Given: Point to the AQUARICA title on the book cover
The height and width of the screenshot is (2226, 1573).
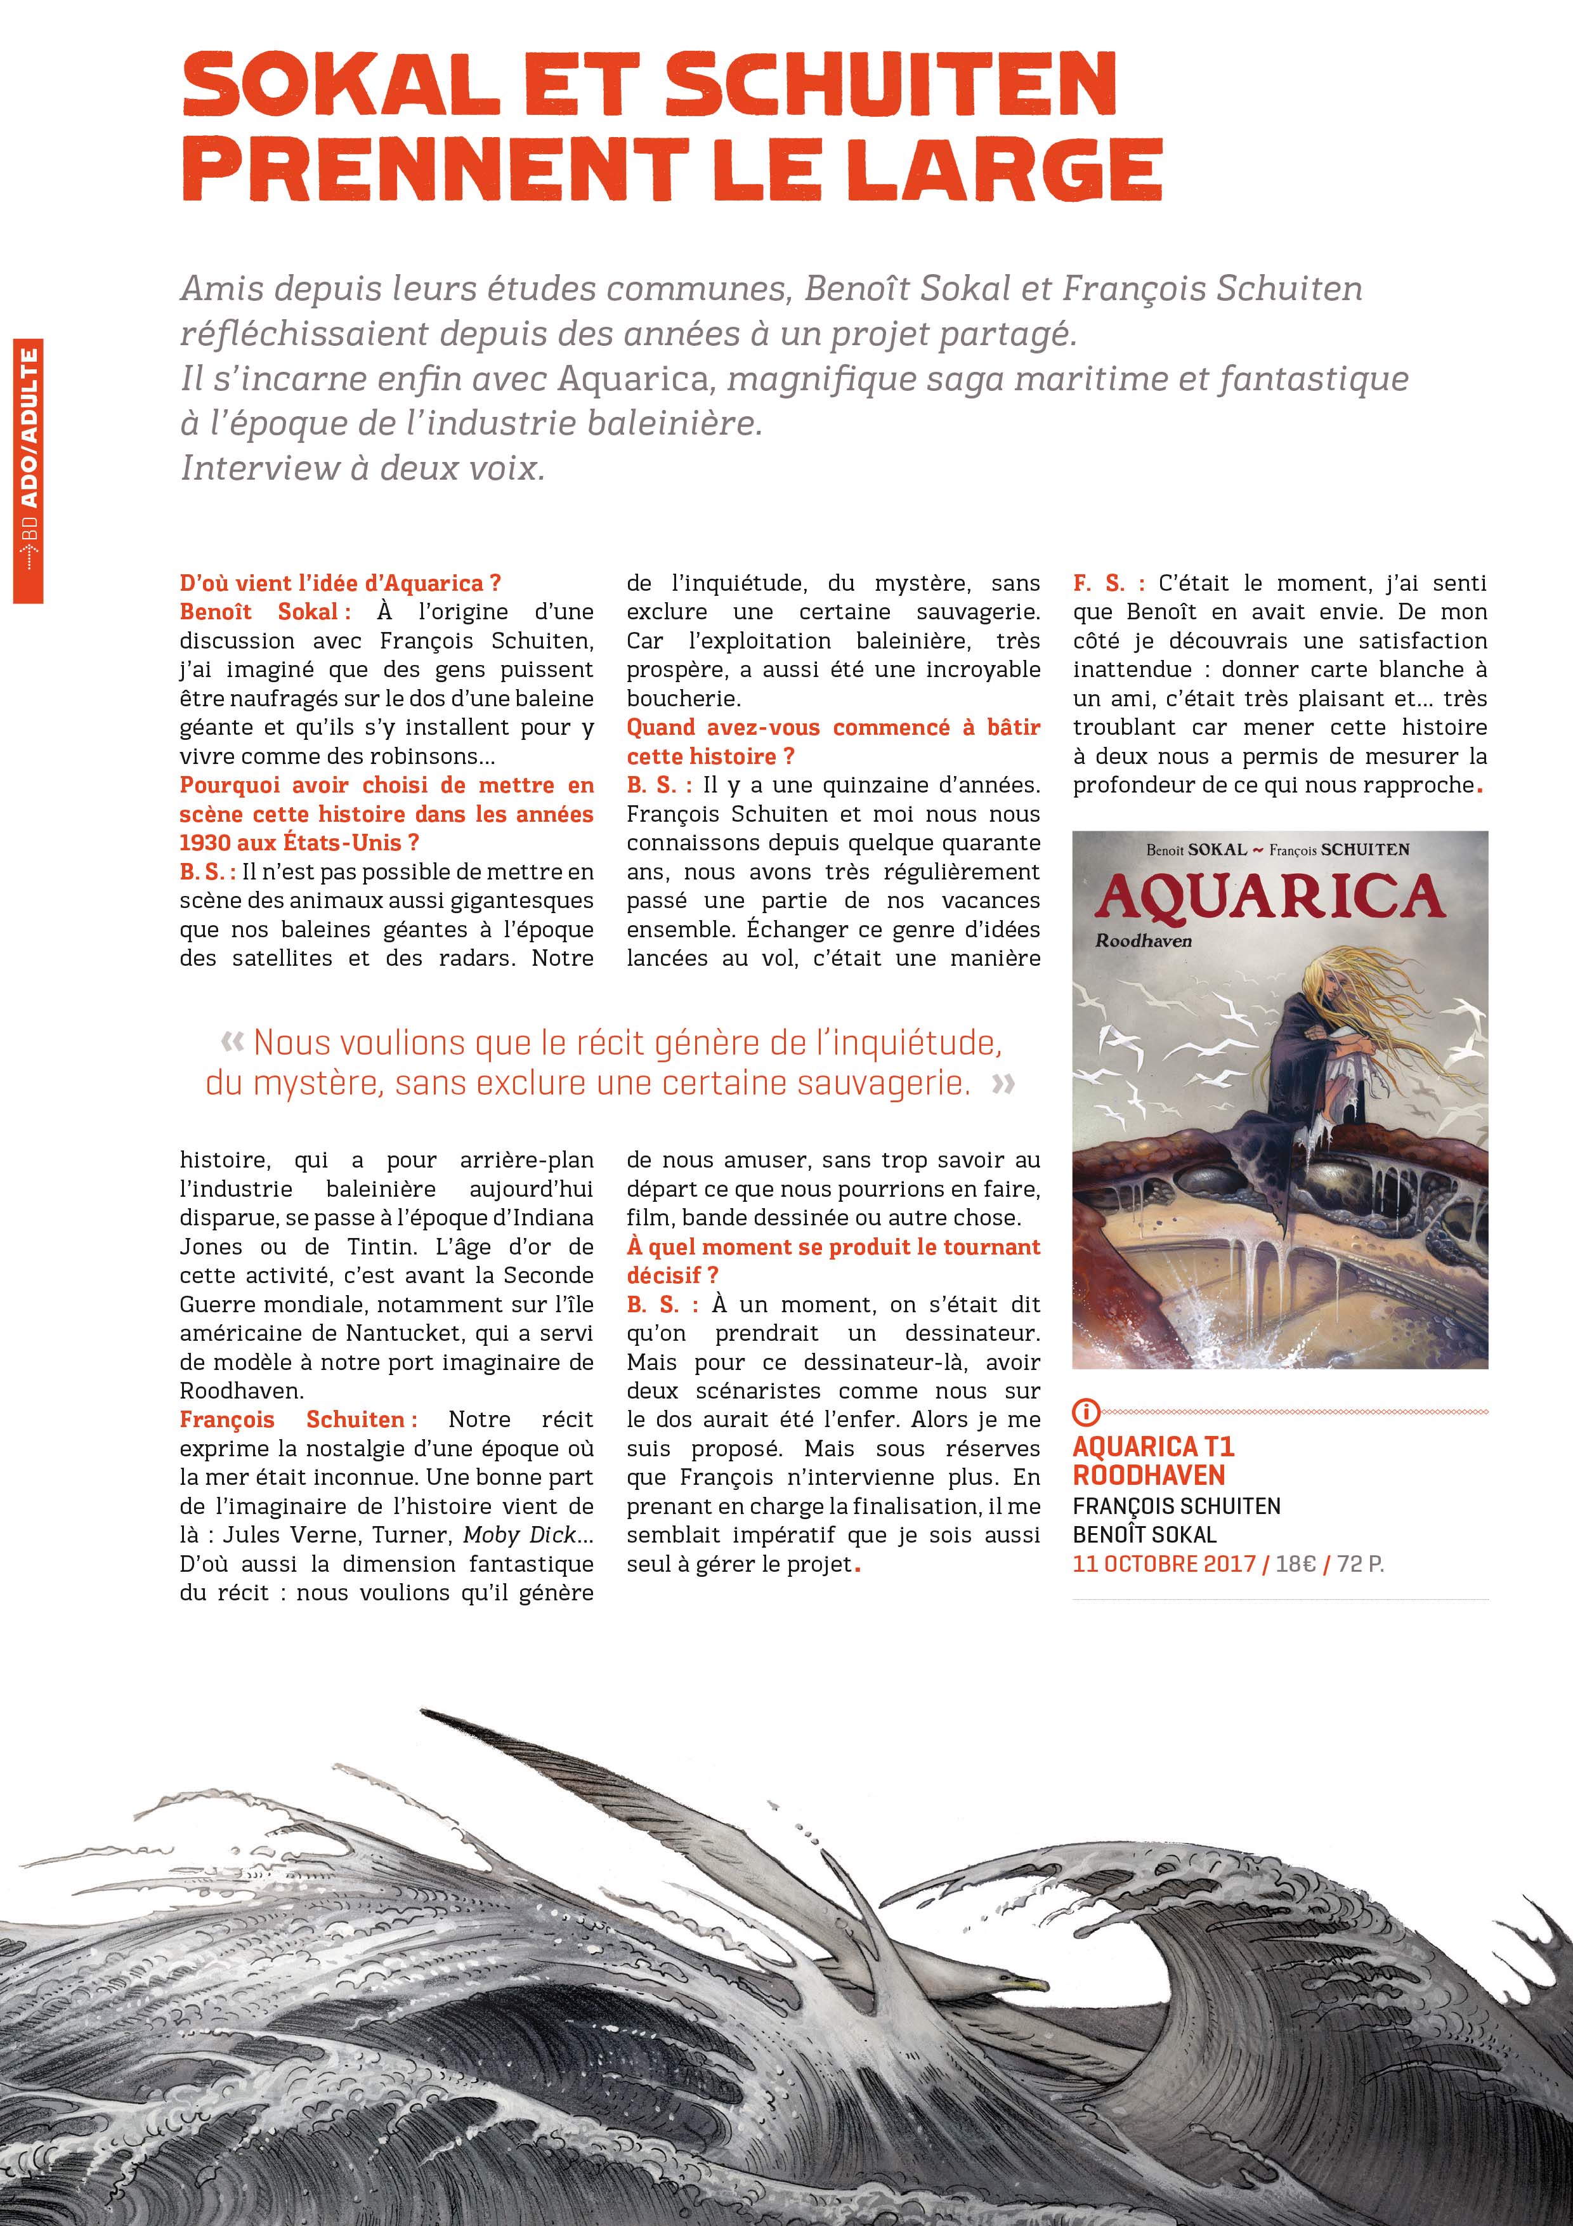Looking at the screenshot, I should pyautogui.click(x=1270, y=898).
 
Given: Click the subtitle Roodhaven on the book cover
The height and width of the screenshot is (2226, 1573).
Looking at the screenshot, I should pyautogui.click(x=1143, y=940).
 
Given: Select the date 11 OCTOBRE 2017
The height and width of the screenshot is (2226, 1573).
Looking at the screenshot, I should pyautogui.click(x=1163, y=1564).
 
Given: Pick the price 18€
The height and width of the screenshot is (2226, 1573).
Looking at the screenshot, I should pyautogui.click(x=1296, y=1564).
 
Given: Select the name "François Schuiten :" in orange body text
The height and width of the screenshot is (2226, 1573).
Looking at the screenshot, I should pyautogui.click(x=299, y=1419).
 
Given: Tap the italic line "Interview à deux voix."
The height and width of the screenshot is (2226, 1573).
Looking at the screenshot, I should pyautogui.click(x=363, y=468).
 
